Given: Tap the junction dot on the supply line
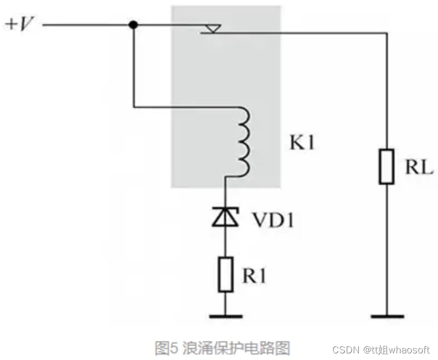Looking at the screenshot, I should (x=133, y=25).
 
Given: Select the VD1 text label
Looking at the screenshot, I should (x=273, y=220).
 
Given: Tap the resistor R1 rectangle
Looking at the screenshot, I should (x=226, y=274).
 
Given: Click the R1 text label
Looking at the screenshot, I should (x=254, y=275).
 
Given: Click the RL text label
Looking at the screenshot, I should (x=419, y=168).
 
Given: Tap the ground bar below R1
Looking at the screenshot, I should (x=226, y=317).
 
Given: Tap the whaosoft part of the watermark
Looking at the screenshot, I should (x=410, y=350).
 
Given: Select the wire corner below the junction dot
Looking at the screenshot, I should (x=133, y=107).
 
